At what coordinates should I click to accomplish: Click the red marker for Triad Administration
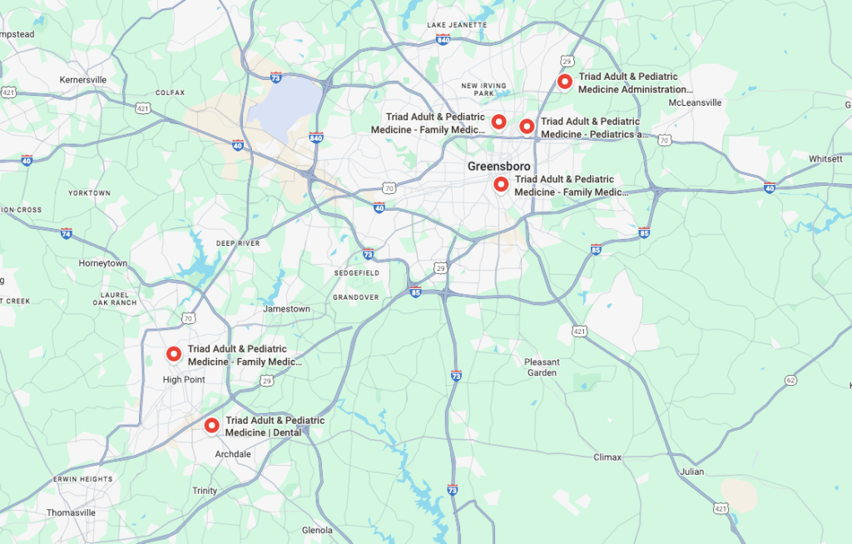pyautogui.click(x=564, y=82)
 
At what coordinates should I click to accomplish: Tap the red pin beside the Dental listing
pyautogui.click(x=211, y=426)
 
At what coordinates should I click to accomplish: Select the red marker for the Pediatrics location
pyautogui.click(x=527, y=126)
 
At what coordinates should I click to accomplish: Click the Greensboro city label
pyautogui.click(x=498, y=167)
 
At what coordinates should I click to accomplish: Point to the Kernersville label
pyautogui.click(x=83, y=80)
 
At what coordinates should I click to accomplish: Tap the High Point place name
pyautogui.click(x=184, y=380)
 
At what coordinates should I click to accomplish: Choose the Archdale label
pyautogui.click(x=233, y=454)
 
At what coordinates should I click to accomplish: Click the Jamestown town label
pyautogui.click(x=286, y=309)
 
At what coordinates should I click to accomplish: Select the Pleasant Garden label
pyautogui.click(x=542, y=367)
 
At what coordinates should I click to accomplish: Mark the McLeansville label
pyautogui.click(x=695, y=102)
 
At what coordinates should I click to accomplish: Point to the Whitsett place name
pyautogui.click(x=825, y=158)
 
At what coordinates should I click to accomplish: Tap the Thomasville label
pyautogui.click(x=71, y=513)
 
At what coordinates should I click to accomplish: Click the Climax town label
pyautogui.click(x=607, y=457)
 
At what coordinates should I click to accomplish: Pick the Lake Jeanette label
pyautogui.click(x=457, y=25)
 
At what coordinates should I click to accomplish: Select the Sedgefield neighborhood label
pyautogui.click(x=356, y=272)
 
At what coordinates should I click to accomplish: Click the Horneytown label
pyautogui.click(x=103, y=263)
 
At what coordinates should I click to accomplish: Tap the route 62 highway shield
pyautogui.click(x=790, y=380)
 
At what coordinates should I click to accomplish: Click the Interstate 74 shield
pyautogui.click(x=66, y=233)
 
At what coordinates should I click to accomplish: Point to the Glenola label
pyautogui.click(x=317, y=530)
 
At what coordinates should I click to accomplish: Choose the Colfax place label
pyautogui.click(x=170, y=92)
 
